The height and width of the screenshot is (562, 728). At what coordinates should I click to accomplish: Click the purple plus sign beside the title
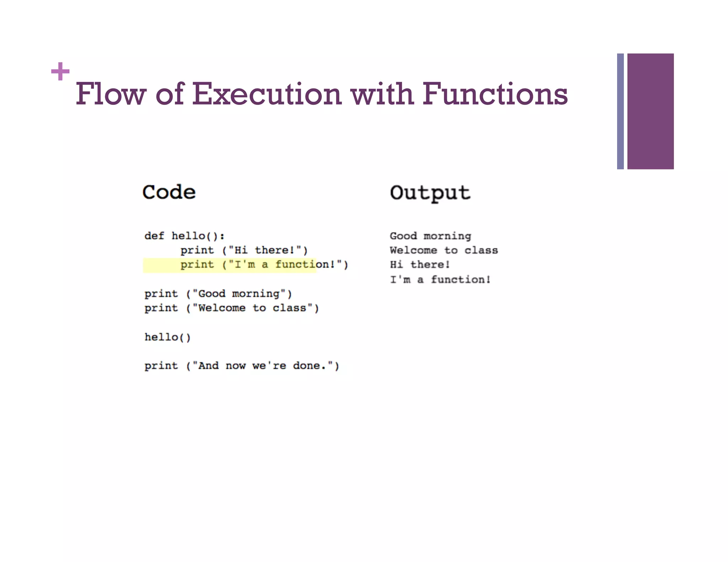(x=60, y=71)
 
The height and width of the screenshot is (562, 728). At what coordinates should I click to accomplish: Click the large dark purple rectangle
(x=650, y=111)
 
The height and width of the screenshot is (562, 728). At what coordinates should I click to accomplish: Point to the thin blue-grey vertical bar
(x=620, y=111)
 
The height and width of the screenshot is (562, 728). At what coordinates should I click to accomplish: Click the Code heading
(x=169, y=192)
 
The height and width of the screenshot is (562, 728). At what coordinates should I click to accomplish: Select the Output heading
(x=430, y=193)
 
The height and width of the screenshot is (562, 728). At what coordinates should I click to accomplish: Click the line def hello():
(x=184, y=236)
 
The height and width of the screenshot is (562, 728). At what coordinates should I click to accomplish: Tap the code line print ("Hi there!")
(x=244, y=250)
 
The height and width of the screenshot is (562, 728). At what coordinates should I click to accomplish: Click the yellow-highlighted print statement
(x=264, y=265)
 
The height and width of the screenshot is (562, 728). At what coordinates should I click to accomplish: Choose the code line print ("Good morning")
(x=218, y=294)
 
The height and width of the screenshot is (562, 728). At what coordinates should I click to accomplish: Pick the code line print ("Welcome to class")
(x=231, y=308)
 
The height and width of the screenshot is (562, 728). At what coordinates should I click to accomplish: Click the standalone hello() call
(x=167, y=337)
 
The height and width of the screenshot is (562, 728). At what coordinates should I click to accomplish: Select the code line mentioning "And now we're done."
(x=242, y=366)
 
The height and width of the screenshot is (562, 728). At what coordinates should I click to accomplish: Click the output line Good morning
(x=430, y=236)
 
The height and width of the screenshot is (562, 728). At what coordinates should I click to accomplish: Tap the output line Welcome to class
(x=444, y=250)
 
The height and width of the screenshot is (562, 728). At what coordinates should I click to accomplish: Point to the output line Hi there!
(x=420, y=265)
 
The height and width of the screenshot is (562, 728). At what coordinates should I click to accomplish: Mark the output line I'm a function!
(x=440, y=280)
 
